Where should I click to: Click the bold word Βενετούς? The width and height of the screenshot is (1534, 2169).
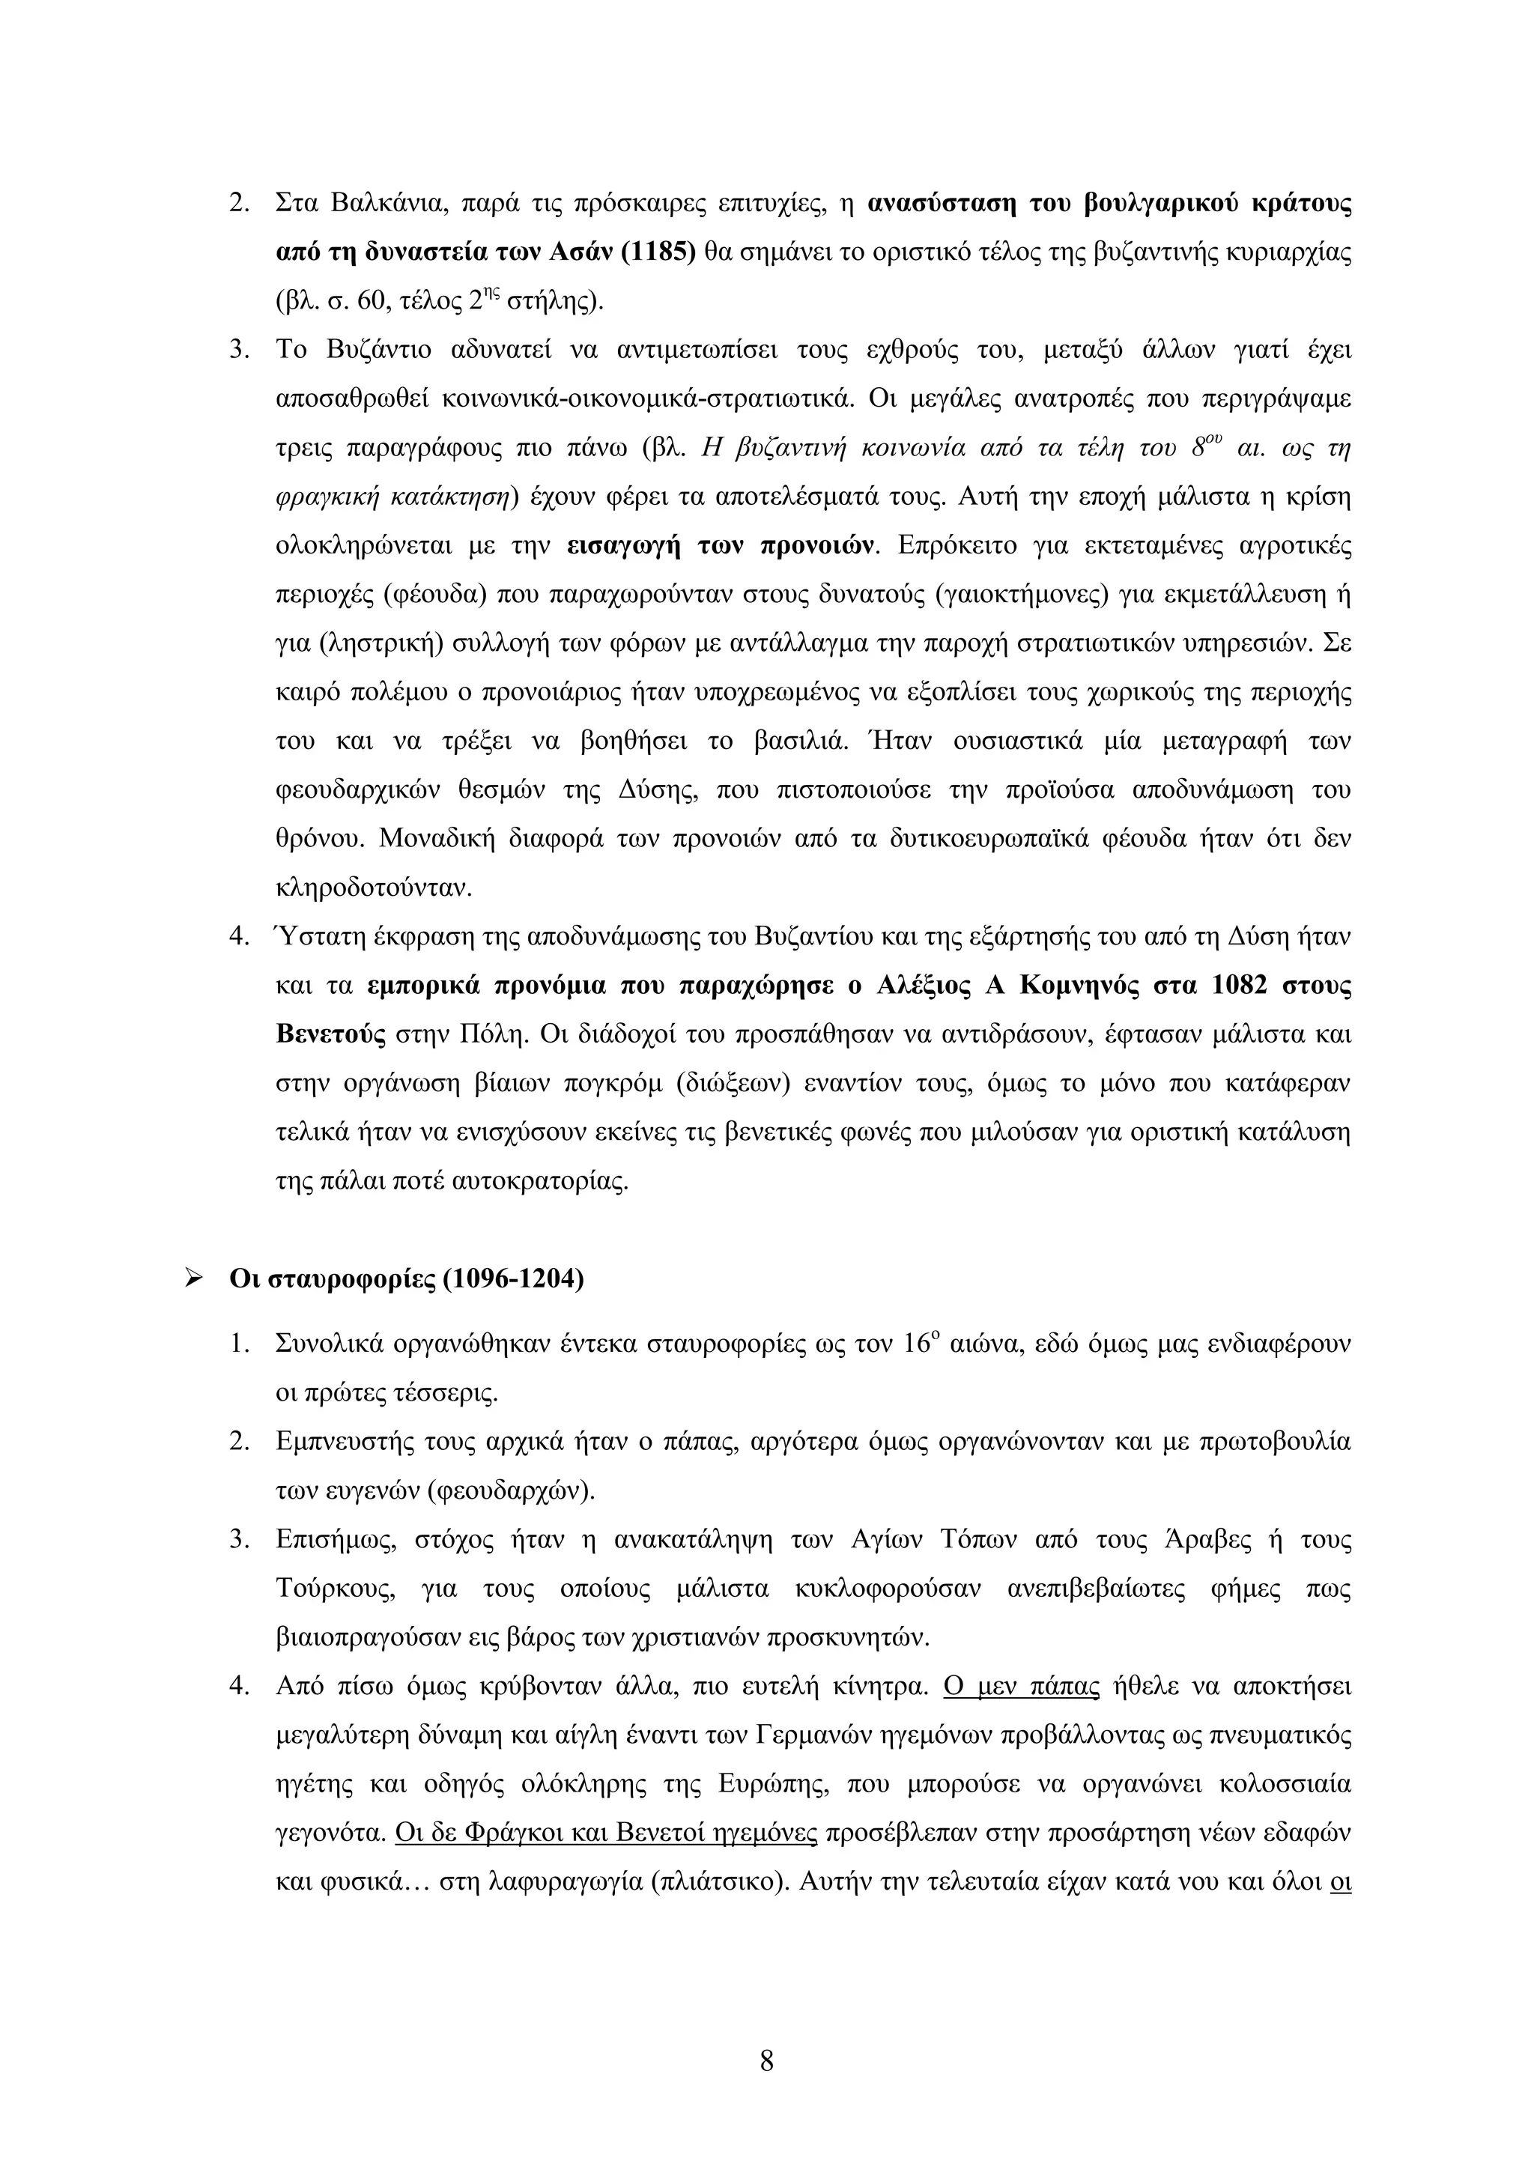click(x=330, y=1034)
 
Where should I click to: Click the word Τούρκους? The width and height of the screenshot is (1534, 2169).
click(x=327, y=1589)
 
